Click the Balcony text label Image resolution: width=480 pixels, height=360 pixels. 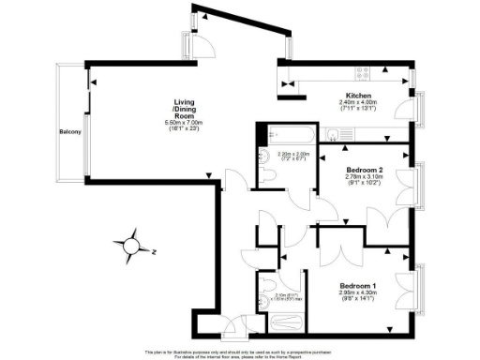(69, 131)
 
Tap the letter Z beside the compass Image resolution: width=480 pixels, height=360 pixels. (153, 251)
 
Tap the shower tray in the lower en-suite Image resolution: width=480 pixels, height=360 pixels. (285, 322)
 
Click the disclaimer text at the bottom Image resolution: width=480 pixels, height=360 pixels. (240, 353)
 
